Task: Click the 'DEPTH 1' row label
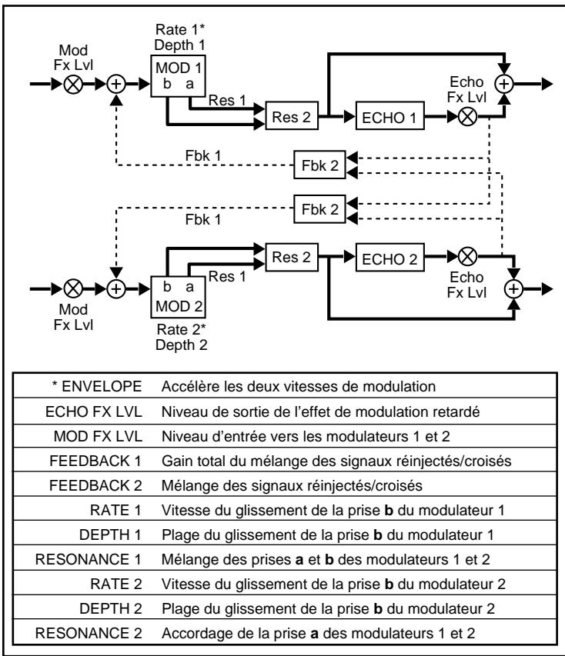[x=117, y=532]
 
